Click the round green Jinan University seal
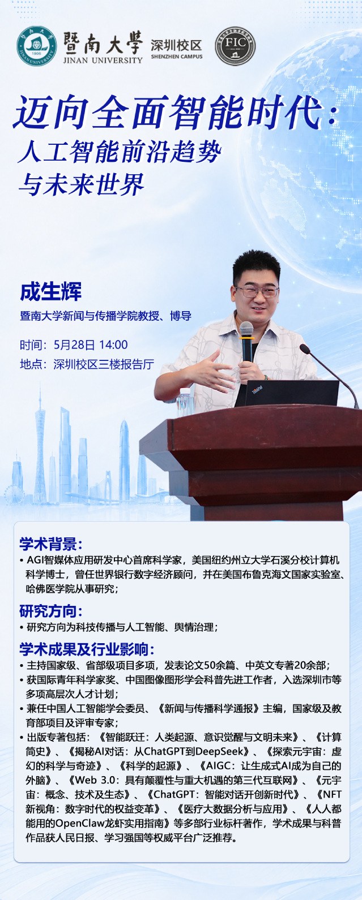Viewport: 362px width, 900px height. (x=36, y=46)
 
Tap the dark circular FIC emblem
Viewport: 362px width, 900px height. (x=235, y=46)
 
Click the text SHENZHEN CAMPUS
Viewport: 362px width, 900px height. (x=177, y=57)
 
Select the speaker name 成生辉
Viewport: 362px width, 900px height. (x=51, y=292)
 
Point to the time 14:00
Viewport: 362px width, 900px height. (x=113, y=345)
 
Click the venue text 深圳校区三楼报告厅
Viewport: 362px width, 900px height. (x=104, y=364)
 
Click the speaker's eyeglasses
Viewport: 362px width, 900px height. (x=257, y=291)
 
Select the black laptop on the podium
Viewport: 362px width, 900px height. (x=287, y=393)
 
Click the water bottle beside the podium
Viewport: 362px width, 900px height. (x=185, y=401)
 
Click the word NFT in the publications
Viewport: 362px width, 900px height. (x=332, y=794)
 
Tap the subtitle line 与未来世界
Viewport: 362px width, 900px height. (x=81, y=184)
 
